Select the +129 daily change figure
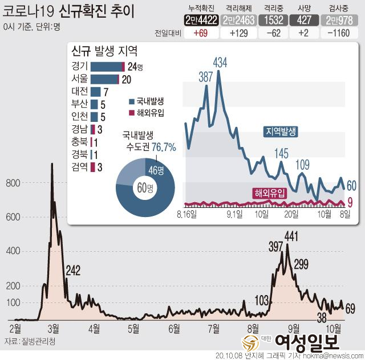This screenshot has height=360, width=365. tap(236, 34)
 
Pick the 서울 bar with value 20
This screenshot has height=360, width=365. tap(104, 79)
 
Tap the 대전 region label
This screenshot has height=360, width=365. tap(80, 91)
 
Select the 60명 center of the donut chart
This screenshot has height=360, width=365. tap(146, 187)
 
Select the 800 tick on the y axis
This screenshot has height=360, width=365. tap(13, 183)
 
